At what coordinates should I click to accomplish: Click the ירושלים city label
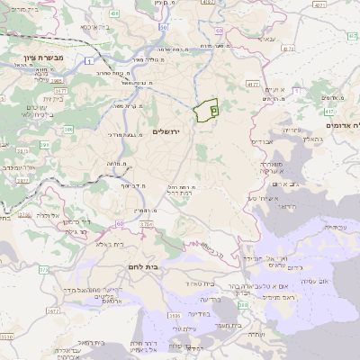[x=168, y=131]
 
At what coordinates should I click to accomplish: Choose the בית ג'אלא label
[x=106, y=243]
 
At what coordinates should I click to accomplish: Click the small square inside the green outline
[x=213, y=108]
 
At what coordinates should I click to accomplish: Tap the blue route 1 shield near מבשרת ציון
[x=91, y=60]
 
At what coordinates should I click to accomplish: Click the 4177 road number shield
[x=251, y=83]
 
